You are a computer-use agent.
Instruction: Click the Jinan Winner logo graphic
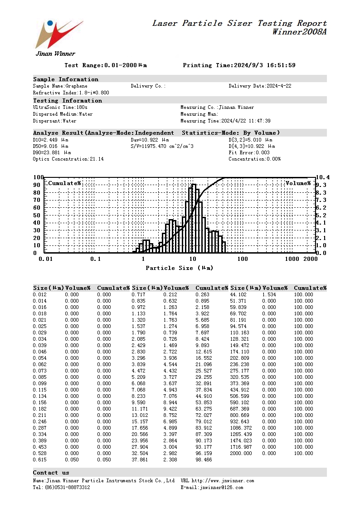(58, 34)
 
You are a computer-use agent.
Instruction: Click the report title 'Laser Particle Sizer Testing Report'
(239, 23)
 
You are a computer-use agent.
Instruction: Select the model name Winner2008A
(299, 32)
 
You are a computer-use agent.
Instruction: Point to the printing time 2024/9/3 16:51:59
(264, 65)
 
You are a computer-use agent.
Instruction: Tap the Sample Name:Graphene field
(60, 86)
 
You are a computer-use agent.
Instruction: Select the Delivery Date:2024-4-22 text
(260, 86)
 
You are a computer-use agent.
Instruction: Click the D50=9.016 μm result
(51, 146)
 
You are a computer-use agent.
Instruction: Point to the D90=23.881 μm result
(52, 152)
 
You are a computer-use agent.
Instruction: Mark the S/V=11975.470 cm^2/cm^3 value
(162, 146)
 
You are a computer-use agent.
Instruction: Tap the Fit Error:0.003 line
(249, 152)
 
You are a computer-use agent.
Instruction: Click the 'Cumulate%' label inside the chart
(64, 183)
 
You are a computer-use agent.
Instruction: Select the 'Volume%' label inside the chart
(298, 183)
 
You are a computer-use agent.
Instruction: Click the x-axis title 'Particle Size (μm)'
(179, 268)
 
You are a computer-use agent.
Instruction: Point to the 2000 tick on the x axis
(310, 259)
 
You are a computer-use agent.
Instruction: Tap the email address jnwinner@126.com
(221, 487)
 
